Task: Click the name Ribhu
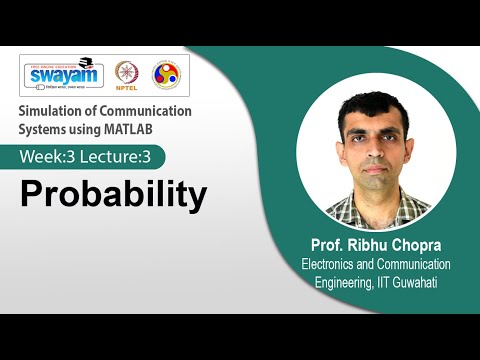(368, 246)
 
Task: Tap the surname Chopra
(422, 246)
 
